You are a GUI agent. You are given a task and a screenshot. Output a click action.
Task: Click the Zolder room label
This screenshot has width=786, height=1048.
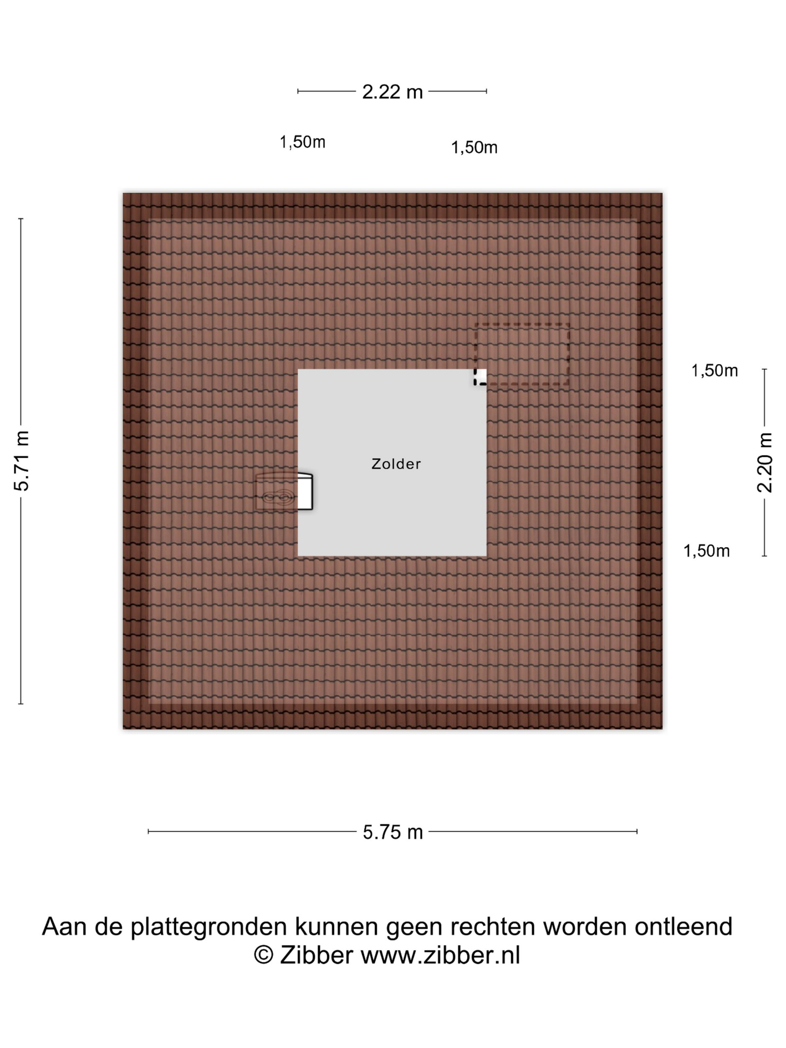click(396, 463)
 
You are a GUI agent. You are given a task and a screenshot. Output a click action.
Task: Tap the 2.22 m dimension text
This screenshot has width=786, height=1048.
click(392, 92)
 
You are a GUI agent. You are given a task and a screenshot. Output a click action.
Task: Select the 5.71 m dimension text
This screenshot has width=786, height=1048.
click(22, 460)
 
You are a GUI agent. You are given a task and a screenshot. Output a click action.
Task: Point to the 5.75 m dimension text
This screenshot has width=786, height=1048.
click(392, 832)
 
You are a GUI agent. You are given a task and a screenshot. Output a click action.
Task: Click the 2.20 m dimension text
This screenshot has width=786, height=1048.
click(764, 462)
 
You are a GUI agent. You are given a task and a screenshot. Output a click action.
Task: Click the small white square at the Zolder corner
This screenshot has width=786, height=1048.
click(481, 376)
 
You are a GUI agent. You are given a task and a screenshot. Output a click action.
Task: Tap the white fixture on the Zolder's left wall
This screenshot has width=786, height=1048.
click(305, 491)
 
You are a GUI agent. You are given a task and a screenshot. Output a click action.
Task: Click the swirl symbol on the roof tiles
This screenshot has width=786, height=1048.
click(277, 497)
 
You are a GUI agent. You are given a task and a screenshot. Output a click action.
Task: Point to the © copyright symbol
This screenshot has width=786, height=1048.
click(263, 955)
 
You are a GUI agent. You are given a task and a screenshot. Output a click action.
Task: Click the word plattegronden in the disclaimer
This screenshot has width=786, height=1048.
click(208, 927)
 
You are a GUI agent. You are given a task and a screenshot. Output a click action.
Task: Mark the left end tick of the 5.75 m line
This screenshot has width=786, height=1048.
click(148, 832)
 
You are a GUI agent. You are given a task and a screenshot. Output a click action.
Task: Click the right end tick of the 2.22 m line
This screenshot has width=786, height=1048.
click(486, 91)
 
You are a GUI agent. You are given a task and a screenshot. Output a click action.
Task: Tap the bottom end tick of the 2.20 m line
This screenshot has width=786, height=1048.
click(764, 555)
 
